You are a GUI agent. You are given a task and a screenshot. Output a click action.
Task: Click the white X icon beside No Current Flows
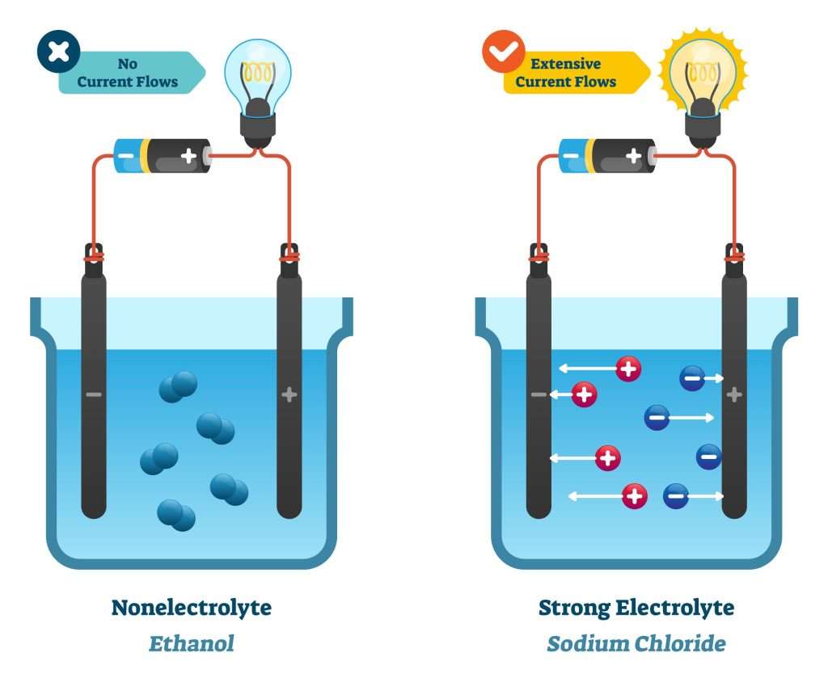(58, 52)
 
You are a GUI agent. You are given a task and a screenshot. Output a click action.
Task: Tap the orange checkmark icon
(503, 52)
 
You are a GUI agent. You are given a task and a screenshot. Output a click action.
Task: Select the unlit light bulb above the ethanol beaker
(257, 77)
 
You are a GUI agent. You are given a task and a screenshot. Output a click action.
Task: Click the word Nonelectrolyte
(191, 608)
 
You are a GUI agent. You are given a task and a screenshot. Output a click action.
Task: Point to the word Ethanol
(191, 644)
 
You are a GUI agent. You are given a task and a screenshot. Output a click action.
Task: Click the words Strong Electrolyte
(636, 608)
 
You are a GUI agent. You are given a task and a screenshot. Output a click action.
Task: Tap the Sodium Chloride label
(636, 644)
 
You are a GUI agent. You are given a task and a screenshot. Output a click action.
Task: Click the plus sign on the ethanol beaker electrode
(289, 395)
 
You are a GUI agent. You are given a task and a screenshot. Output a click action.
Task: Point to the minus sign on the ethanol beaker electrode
(94, 395)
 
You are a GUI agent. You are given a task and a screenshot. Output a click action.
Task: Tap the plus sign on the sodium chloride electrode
(734, 395)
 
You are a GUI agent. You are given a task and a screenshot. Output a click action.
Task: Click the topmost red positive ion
(628, 369)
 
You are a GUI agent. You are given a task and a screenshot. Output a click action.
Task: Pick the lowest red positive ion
(635, 495)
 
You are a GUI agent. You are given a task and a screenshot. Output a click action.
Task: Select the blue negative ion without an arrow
(708, 457)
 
